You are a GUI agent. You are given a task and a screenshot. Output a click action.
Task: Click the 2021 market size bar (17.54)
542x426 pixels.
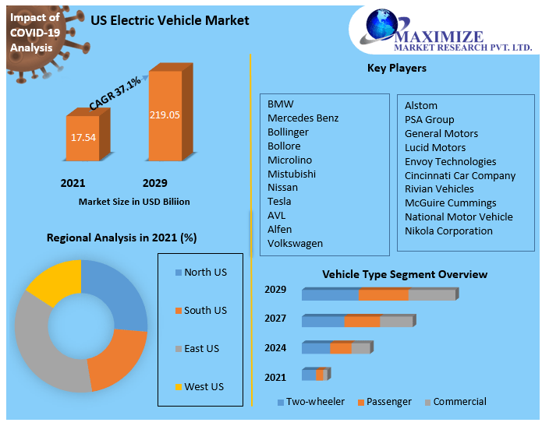tap(83, 138)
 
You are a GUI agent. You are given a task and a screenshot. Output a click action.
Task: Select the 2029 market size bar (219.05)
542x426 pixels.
tap(165, 115)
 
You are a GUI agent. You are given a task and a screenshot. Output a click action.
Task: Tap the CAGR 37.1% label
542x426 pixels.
tap(115, 93)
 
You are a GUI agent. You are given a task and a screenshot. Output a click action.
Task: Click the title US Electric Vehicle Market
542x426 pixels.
tap(170, 20)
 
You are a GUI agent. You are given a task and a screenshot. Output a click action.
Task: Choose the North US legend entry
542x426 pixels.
tap(200, 273)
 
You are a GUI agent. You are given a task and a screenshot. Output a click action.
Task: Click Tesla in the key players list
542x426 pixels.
tap(279, 201)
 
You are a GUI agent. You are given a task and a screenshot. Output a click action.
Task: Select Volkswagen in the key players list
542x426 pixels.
tap(295, 243)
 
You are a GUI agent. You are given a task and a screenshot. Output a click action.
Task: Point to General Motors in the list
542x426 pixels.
tap(441, 133)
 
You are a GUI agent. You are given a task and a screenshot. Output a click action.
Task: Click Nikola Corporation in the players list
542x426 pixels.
tap(448, 231)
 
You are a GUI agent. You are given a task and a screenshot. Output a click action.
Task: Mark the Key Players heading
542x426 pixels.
tap(396, 69)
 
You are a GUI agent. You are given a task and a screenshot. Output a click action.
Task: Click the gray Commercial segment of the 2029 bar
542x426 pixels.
tap(431, 294)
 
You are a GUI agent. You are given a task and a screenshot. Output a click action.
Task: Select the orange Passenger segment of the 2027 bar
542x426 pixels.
tap(362, 321)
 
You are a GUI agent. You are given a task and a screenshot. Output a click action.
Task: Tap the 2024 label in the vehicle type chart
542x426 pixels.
tap(275, 347)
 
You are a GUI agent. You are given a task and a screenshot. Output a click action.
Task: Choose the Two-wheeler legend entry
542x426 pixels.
tap(310, 402)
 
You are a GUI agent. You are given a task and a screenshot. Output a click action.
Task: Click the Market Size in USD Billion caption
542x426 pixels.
tap(134, 202)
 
